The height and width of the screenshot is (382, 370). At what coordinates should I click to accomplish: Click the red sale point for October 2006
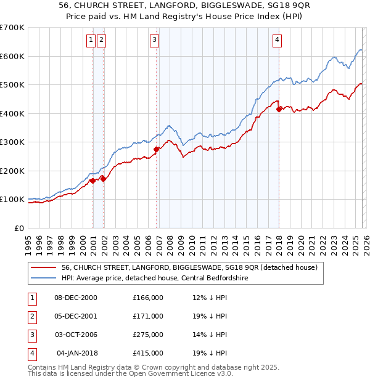157,149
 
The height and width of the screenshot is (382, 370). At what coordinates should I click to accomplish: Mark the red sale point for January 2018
279,109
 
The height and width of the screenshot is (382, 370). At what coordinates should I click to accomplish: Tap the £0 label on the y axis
18,228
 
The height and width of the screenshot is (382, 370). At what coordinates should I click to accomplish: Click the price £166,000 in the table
147,297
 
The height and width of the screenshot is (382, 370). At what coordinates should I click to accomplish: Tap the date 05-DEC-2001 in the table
76,315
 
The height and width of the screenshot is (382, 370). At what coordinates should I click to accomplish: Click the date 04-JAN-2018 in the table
76,353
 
